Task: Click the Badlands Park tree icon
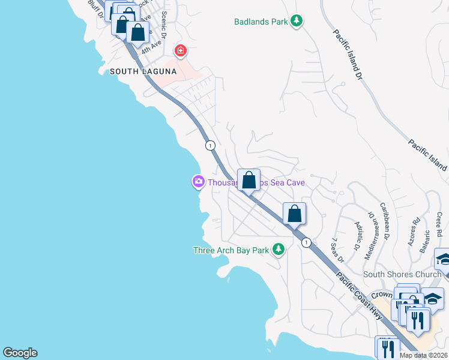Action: click(x=296, y=22)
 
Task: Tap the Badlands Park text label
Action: click(x=261, y=22)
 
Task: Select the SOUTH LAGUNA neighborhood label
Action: click(x=143, y=71)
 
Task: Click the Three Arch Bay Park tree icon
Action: click(x=278, y=248)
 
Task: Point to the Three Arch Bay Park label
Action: click(x=231, y=250)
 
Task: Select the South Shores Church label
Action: click(x=402, y=275)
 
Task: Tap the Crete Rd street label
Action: click(x=439, y=223)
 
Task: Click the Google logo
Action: click(x=20, y=353)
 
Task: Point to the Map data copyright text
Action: click(x=423, y=355)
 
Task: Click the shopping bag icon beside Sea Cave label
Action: click(x=248, y=179)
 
